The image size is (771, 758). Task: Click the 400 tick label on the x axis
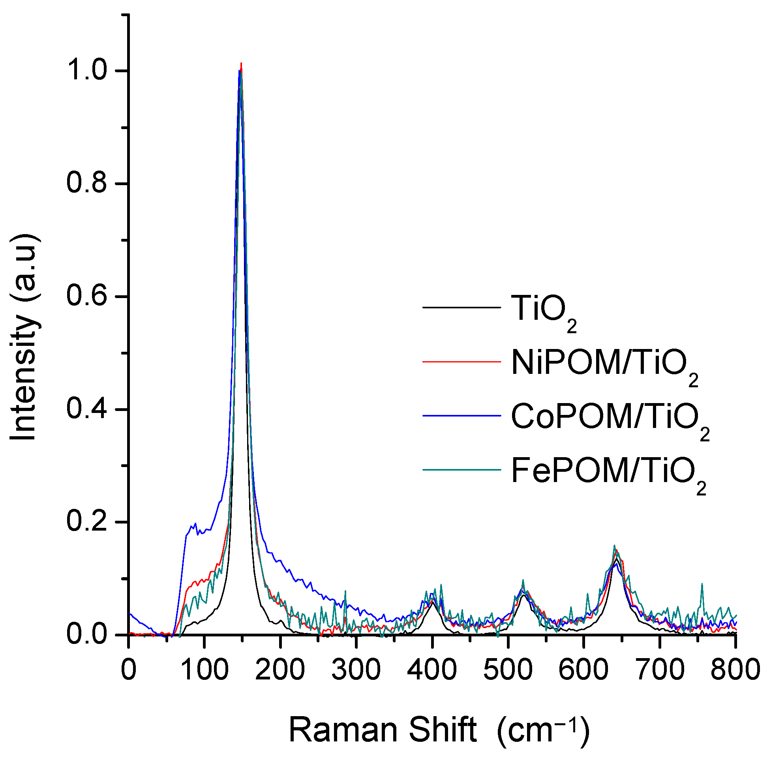431,670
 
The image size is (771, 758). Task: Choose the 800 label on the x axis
735,670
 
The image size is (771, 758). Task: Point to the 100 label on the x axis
204,670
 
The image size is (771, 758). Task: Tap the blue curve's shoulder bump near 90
195,524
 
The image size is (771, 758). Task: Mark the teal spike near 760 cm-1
702,584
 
